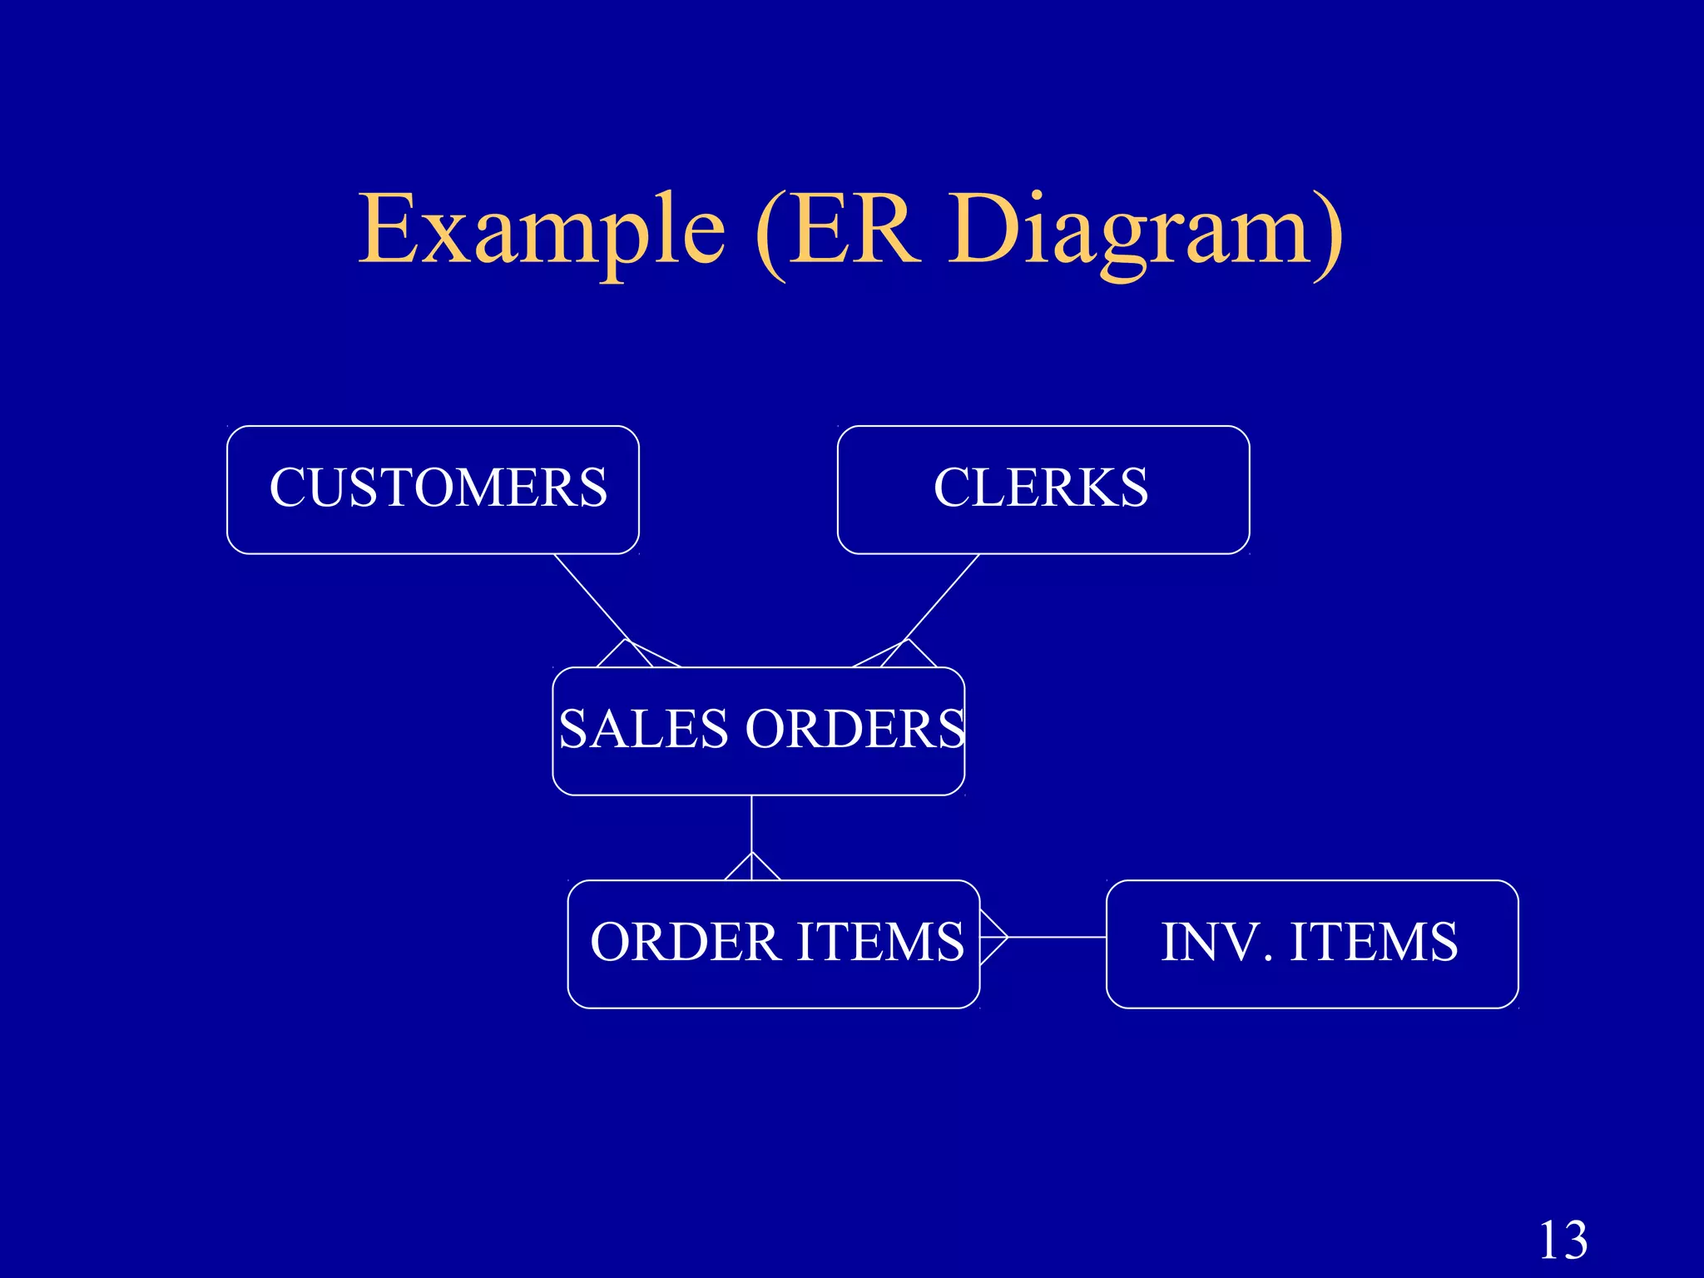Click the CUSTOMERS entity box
pyautogui.click(x=433, y=489)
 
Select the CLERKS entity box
pyautogui.click(x=1043, y=489)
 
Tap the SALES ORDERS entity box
pyautogui.click(x=758, y=731)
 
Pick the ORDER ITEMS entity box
pyautogui.click(x=773, y=944)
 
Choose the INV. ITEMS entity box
pyautogui.click(x=1311, y=944)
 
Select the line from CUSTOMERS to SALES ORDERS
pyautogui.click(x=590, y=596)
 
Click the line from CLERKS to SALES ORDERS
pyautogui.click(x=943, y=596)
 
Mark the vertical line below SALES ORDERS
pyautogui.click(x=751, y=824)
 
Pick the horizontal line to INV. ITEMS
pyautogui.click(x=1057, y=937)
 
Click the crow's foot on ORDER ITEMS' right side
pyautogui.click(x=993, y=937)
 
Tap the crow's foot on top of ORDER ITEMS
pyautogui.click(x=751, y=867)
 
